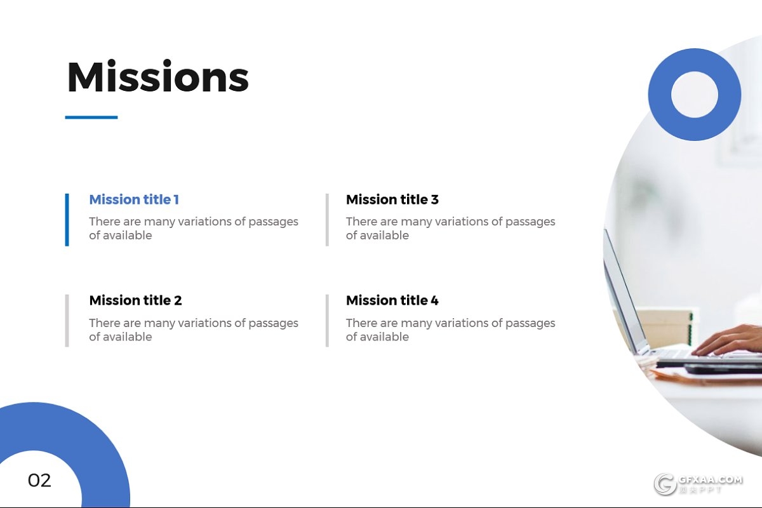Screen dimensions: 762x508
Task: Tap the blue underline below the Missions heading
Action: pyautogui.click(x=91, y=117)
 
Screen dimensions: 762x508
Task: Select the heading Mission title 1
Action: pyautogui.click(x=134, y=199)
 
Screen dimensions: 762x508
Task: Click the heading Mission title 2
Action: pyautogui.click(x=135, y=300)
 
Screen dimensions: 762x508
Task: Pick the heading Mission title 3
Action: pyautogui.click(x=392, y=199)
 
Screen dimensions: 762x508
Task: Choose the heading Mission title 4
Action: pyautogui.click(x=392, y=300)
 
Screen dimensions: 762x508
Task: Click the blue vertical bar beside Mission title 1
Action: pyautogui.click(x=67, y=220)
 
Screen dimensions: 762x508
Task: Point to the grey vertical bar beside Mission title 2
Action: pyautogui.click(x=67, y=321)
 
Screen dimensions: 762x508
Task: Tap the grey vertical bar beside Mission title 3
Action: pyautogui.click(x=327, y=220)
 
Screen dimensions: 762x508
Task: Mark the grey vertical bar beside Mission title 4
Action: pyautogui.click(x=327, y=321)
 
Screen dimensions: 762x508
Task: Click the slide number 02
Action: pyautogui.click(x=39, y=481)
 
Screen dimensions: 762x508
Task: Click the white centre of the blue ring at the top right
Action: pyautogui.click(x=695, y=95)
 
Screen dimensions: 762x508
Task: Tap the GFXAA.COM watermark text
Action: pyautogui.click(x=711, y=479)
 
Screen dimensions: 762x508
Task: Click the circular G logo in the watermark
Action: pyautogui.click(x=665, y=484)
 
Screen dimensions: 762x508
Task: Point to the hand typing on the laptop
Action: pyautogui.click(x=728, y=340)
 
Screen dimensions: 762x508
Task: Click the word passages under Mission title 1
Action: pyautogui.click(x=273, y=222)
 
